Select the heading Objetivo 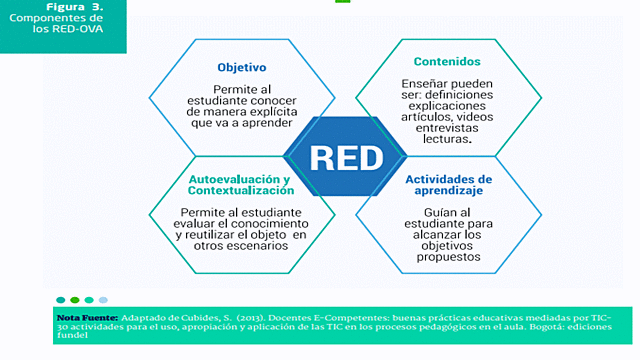point(241,68)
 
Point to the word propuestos point(451,256)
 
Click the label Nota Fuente point(88,317)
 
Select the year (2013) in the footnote point(254,317)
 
